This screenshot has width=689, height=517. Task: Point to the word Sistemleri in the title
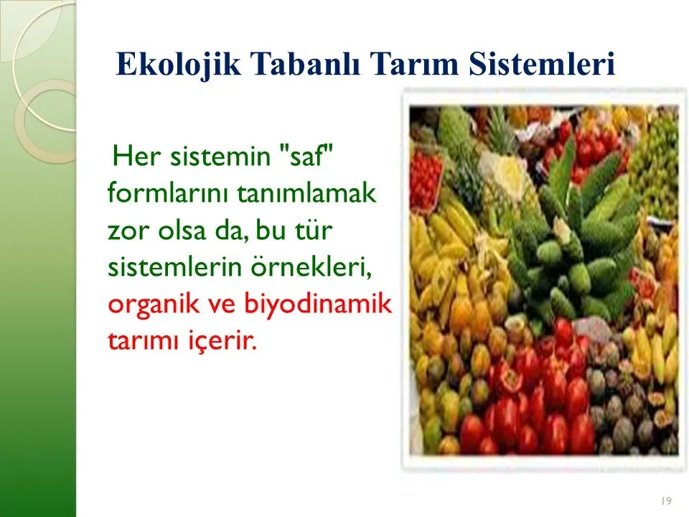[x=541, y=64]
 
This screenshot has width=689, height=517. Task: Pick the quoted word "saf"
[x=306, y=155]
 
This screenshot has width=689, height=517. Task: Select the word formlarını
[x=169, y=192]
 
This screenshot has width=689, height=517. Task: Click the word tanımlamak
[x=306, y=192]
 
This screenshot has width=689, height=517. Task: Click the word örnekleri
[x=311, y=267]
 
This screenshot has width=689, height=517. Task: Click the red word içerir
[x=220, y=340]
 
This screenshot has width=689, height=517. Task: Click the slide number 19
[x=666, y=500]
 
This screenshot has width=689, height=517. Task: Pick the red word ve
[x=222, y=305]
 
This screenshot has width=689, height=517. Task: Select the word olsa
[x=182, y=230]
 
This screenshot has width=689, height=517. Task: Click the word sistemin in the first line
[x=220, y=156]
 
